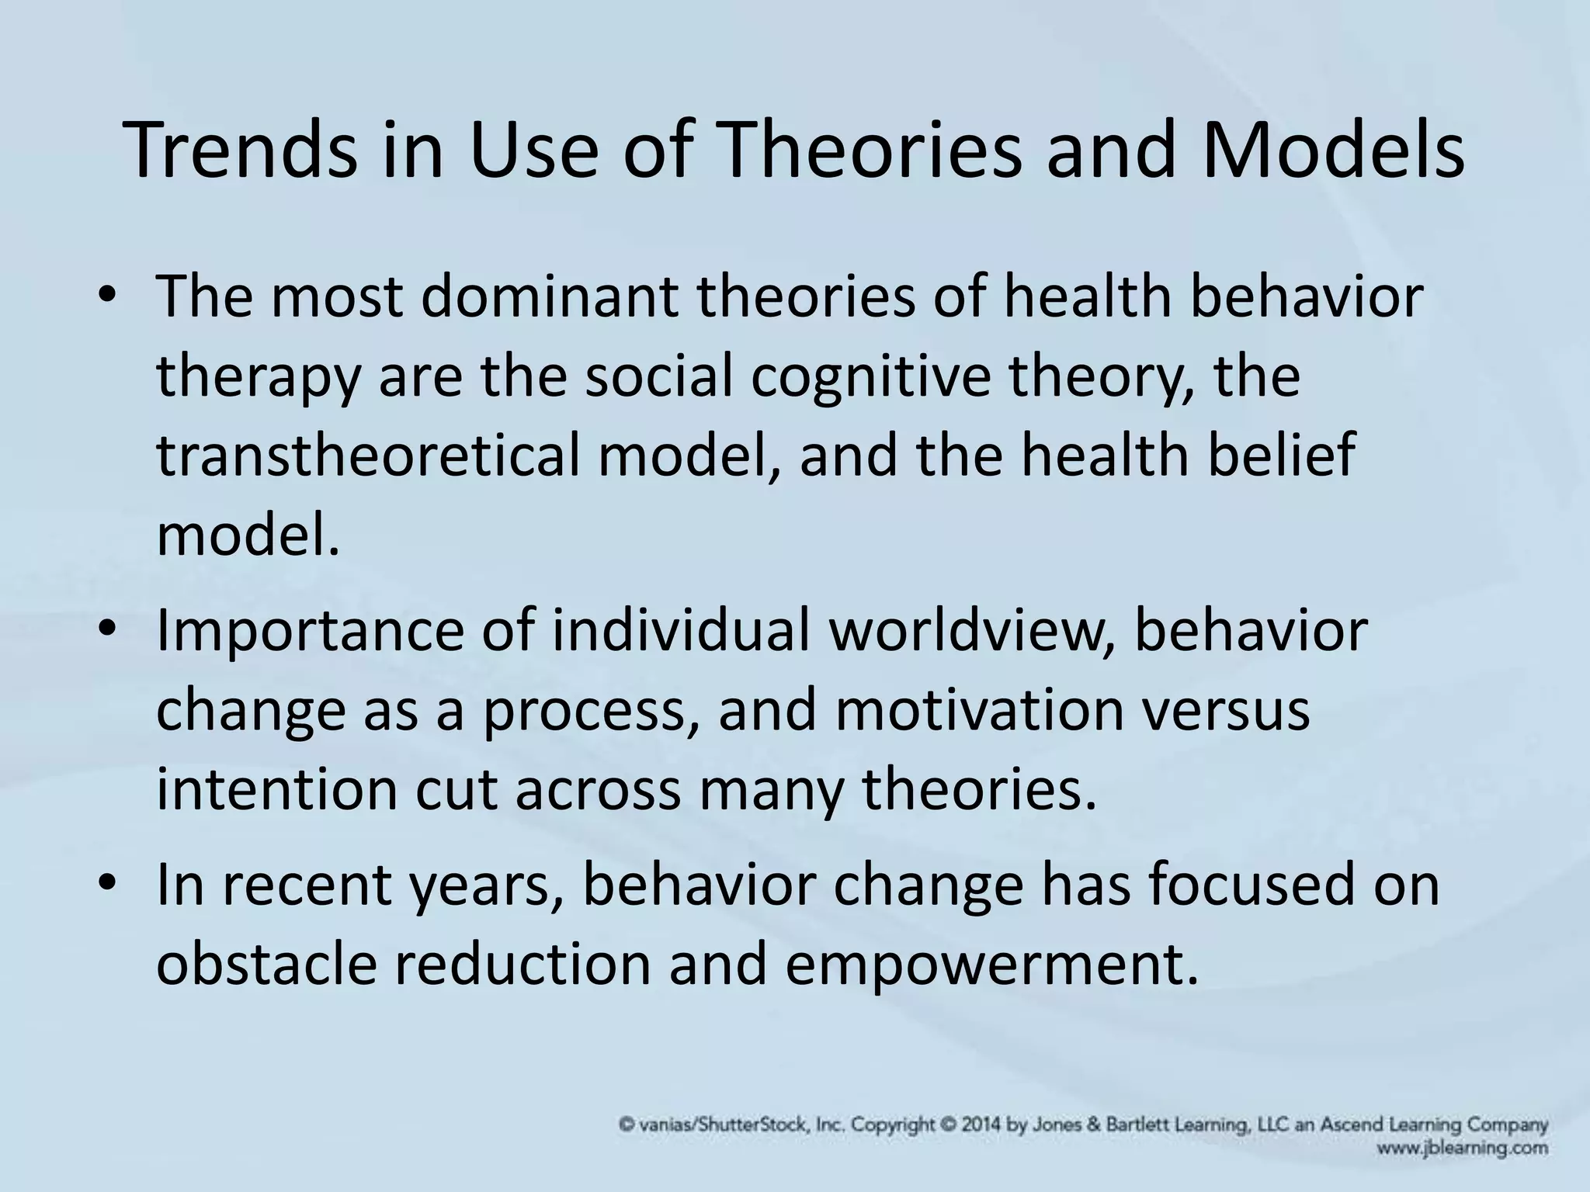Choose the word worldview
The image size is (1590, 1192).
click(970, 632)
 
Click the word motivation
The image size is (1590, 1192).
click(979, 712)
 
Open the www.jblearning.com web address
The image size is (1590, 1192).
click(1464, 1148)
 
